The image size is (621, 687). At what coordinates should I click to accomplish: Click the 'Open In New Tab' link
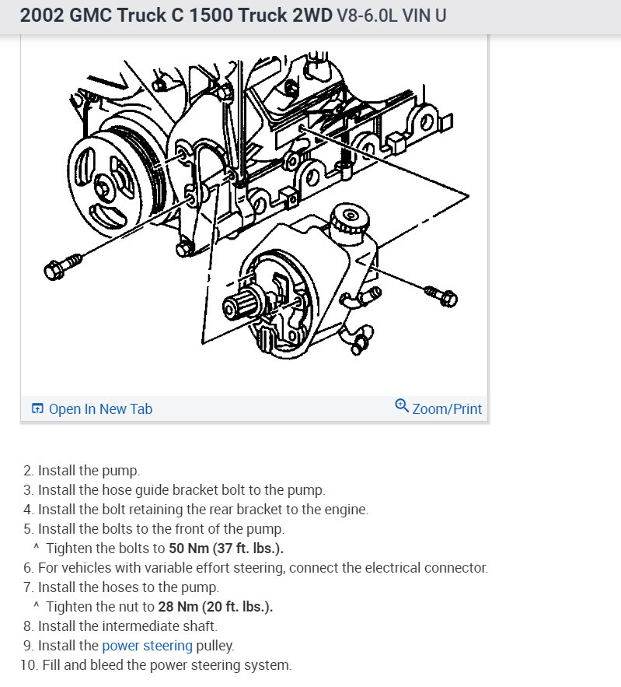(99, 408)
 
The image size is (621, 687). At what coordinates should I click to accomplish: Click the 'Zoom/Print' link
(446, 408)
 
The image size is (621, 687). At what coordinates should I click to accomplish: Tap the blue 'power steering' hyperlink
(147, 645)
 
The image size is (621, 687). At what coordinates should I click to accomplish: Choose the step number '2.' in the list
(29, 470)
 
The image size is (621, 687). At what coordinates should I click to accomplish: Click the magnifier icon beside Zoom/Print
(402, 406)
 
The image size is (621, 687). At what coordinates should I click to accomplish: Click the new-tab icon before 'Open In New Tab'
(37, 408)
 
